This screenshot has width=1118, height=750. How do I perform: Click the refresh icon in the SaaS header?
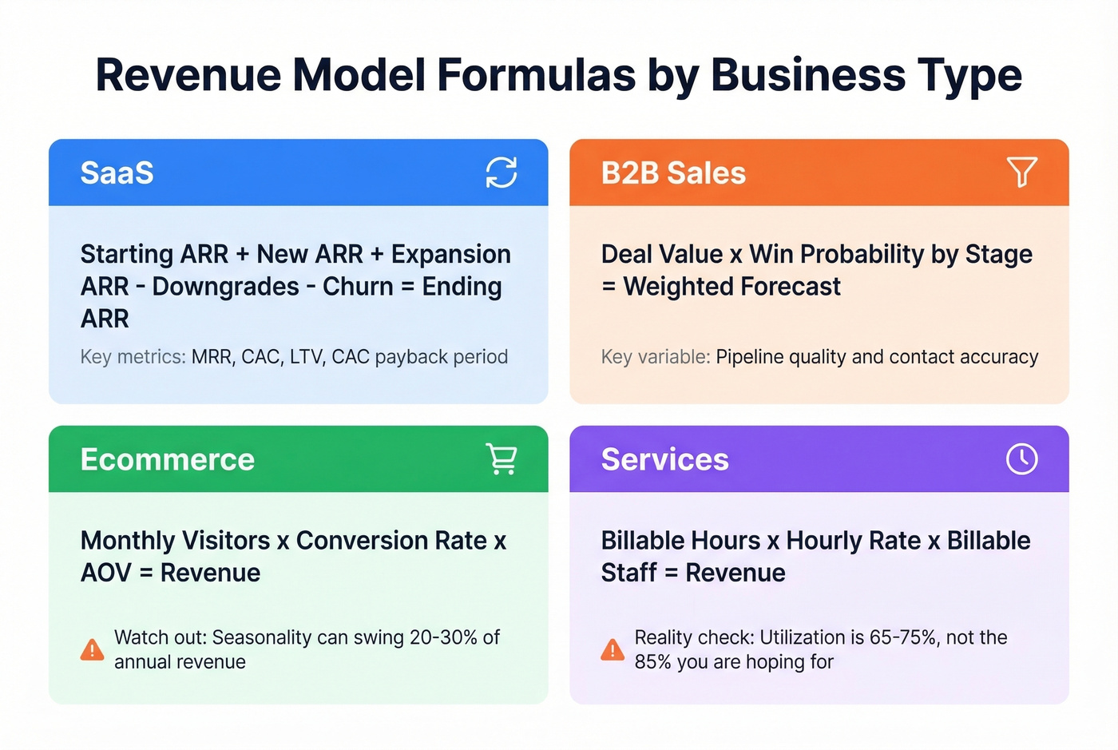pyautogui.click(x=502, y=172)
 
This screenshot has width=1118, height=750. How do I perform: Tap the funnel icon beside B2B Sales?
pyautogui.click(x=1021, y=171)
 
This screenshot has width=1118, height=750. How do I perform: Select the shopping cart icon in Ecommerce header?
pyautogui.click(x=502, y=458)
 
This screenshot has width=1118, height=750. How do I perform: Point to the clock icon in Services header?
pyautogui.click(x=1021, y=458)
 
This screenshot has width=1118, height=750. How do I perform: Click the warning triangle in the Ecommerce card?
pyautogui.click(x=92, y=649)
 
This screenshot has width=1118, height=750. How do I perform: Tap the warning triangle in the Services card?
pyautogui.click(x=613, y=649)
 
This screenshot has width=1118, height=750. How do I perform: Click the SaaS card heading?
pyautogui.click(x=117, y=173)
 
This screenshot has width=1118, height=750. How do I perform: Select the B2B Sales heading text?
pyautogui.click(x=673, y=173)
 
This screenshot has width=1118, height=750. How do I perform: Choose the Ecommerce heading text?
pyautogui.click(x=167, y=459)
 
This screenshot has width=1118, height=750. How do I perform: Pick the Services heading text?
pyautogui.click(x=664, y=459)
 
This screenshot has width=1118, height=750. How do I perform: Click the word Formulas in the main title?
pyautogui.click(x=536, y=75)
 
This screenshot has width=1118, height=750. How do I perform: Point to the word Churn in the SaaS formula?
pyautogui.click(x=358, y=286)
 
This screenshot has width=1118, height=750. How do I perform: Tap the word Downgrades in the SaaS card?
pyautogui.click(x=225, y=286)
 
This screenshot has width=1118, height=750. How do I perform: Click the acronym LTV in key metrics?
pyautogui.click(x=306, y=356)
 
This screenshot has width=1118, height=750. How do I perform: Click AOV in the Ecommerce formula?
pyautogui.click(x=105, y=573)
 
